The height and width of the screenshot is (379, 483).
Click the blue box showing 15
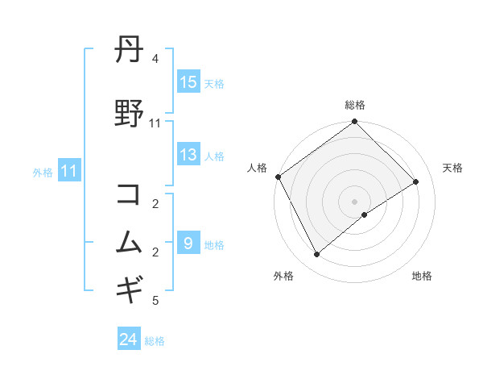(188, 82)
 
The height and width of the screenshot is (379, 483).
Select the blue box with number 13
(188, 156)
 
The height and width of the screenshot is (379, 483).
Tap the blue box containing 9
(188, 244)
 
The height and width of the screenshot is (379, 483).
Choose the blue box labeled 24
(129, 340)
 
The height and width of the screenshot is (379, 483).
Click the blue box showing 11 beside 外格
(69, 171)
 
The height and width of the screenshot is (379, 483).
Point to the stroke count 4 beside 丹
(155, 59)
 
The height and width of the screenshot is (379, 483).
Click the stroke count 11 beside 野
(155, 123)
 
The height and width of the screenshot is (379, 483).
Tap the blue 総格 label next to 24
(155, 341)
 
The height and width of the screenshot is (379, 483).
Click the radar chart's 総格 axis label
(355, 105)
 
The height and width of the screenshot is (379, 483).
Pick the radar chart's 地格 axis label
(422, 276)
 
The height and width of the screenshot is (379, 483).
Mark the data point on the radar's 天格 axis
(416, 181)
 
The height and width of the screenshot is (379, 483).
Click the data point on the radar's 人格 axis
(279, 177)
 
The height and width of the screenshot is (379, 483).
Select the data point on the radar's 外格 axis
(317, 254)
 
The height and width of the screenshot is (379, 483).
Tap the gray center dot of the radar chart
(354, 201)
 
